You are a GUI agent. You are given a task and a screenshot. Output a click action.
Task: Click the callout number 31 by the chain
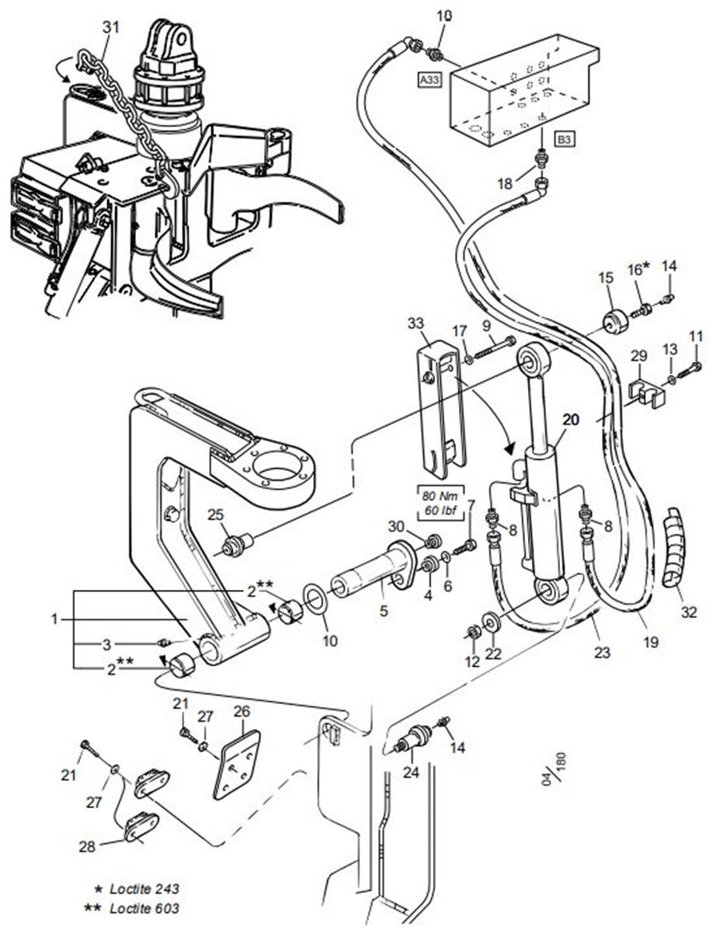(x=111, y=26)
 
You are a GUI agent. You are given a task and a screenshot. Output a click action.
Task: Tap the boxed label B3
(x=564, y=140)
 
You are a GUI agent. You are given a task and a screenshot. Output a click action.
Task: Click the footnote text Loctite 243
(x=144, y=888)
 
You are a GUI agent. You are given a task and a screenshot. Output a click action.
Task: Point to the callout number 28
(x=88, y=846)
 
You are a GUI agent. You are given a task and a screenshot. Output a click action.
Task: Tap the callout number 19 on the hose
(x=651, y=642)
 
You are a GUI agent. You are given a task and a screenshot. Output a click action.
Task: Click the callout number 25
(x=215, y=515)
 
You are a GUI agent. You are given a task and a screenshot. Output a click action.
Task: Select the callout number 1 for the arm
(x=54, y=619)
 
